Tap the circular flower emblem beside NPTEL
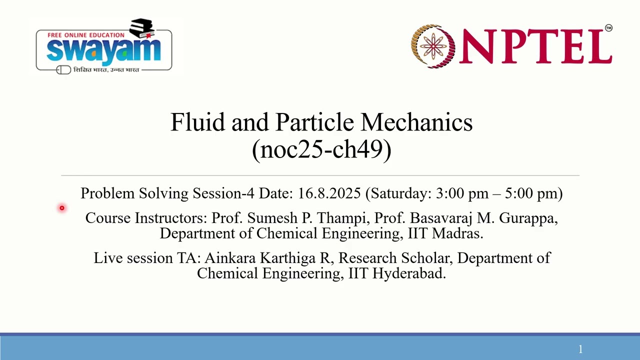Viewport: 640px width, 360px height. [x=433, y=46]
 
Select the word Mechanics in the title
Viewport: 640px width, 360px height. [x=416, y=122]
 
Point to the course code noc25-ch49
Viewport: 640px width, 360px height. [x=321, y=149]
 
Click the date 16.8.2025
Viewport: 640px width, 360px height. [x=329, y=193]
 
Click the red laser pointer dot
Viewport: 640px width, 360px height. [x=62, y=208]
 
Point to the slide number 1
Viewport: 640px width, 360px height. [x=580, y=349]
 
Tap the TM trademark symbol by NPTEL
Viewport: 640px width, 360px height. [x=608, y=28]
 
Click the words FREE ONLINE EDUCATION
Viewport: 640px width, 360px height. [x=85, y=35]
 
